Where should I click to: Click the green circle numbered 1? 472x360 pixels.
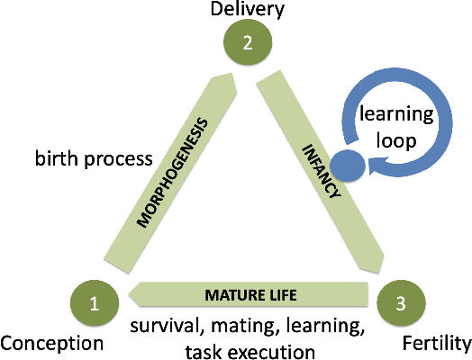pyautogui.click(x=94, y=303)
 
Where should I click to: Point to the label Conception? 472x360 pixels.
pyautogui.click(x=52, y=343)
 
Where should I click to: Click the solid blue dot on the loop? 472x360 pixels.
pyautogui.click(x=348, y=166)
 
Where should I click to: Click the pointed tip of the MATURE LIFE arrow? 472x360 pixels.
pyautogui.click(x=132, y=292)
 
